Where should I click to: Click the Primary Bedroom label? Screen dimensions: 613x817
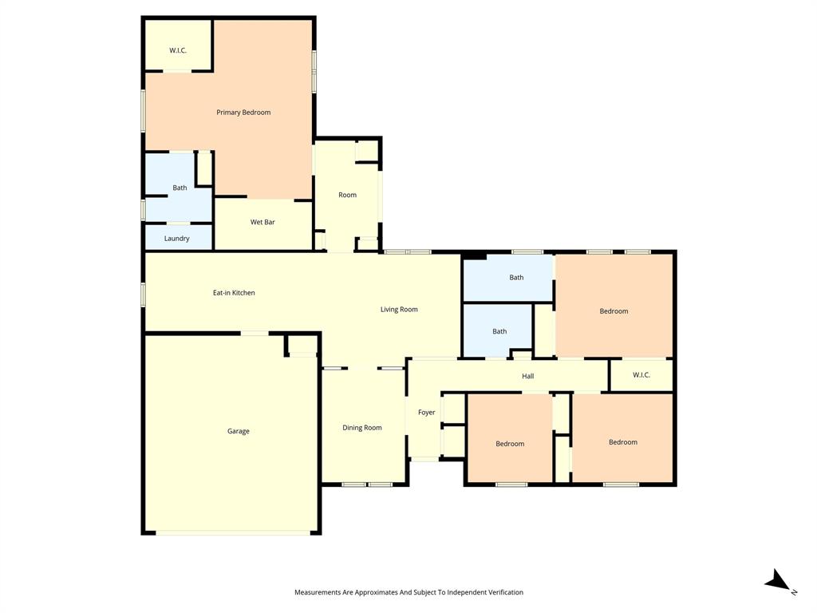[243, 113]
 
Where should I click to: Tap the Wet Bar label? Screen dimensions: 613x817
[262, 222]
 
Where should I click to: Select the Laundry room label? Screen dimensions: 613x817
[176, 239]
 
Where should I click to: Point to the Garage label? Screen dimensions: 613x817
[238, 431]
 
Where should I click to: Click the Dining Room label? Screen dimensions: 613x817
[362, 428]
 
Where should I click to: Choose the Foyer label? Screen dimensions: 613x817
[427, 413]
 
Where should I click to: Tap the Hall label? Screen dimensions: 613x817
[527, 376]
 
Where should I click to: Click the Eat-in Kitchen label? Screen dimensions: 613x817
[234, 293]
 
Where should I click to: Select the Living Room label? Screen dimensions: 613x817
[399, 310]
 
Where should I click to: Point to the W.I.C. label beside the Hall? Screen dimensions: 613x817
[641, 375]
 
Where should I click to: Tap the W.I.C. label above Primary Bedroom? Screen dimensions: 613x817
[177, 50]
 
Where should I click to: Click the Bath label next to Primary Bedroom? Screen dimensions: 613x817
[180, 188]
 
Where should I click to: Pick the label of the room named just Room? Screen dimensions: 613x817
[347, 195]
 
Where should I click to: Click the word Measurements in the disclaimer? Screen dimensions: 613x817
[317, 592]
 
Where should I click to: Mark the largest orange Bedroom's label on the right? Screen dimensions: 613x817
[614, 311]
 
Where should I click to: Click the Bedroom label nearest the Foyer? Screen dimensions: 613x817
[510, 444]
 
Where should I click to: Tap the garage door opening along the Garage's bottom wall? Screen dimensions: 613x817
[233, 532]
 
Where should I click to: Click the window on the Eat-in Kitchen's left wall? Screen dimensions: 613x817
[144, 294]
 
